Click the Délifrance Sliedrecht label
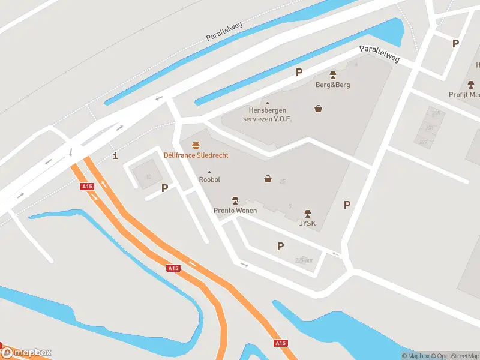[196, 155]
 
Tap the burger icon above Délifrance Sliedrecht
[196, 145]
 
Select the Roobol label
[209, 179]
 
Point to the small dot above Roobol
[209, 172]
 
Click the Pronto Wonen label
[235, 210]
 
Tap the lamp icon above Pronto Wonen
[235, 200]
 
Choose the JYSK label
[308, 224]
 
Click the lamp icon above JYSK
[308, 214]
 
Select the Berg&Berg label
[332, 85]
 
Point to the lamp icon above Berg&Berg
[333, 75]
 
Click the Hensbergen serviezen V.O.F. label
[267, 114]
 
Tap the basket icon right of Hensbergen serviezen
[318, 109]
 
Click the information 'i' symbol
[115, 157]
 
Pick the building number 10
[148, 176]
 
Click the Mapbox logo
[26, 353]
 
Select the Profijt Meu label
[464, 95]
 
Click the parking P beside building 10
[164, 188]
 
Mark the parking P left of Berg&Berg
[299, 73]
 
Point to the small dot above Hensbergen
[267, 103]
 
